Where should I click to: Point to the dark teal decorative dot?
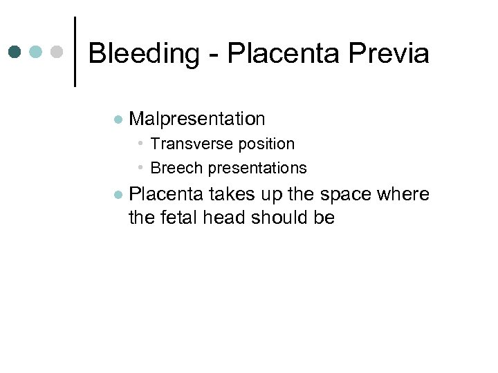point(15,52)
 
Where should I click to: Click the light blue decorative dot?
point(36,52)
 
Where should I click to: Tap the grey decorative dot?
point(57,52)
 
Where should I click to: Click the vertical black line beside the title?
point(74,52)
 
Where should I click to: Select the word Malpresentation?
point(197,119)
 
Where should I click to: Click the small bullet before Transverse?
point(140,144)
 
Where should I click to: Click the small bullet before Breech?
point(140,168)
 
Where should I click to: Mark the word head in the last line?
point(225,218)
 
